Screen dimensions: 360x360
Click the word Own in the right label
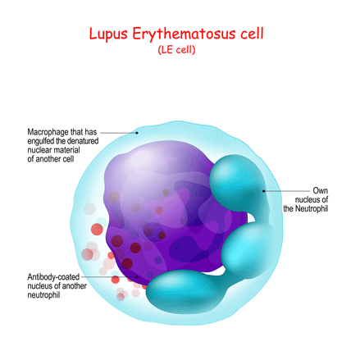[x=321, y=190]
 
